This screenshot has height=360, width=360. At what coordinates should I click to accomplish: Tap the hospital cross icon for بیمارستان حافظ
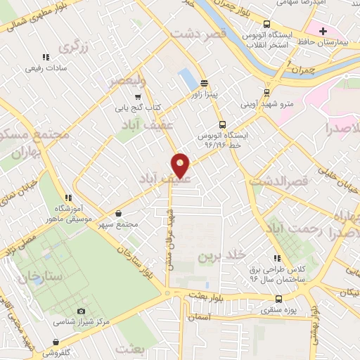click(x=323, y=31)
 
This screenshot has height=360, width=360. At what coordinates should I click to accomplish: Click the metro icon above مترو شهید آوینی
click(x=266, y=92)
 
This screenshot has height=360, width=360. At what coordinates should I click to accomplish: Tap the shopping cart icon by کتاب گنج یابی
click(x=139, y=97)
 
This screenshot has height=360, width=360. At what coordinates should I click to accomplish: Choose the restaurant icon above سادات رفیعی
click(x=46, y=57)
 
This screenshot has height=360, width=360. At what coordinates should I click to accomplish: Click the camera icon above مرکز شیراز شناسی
click(x=81, y=311)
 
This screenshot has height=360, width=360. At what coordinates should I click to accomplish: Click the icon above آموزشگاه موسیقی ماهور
click(x=68, y=198)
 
